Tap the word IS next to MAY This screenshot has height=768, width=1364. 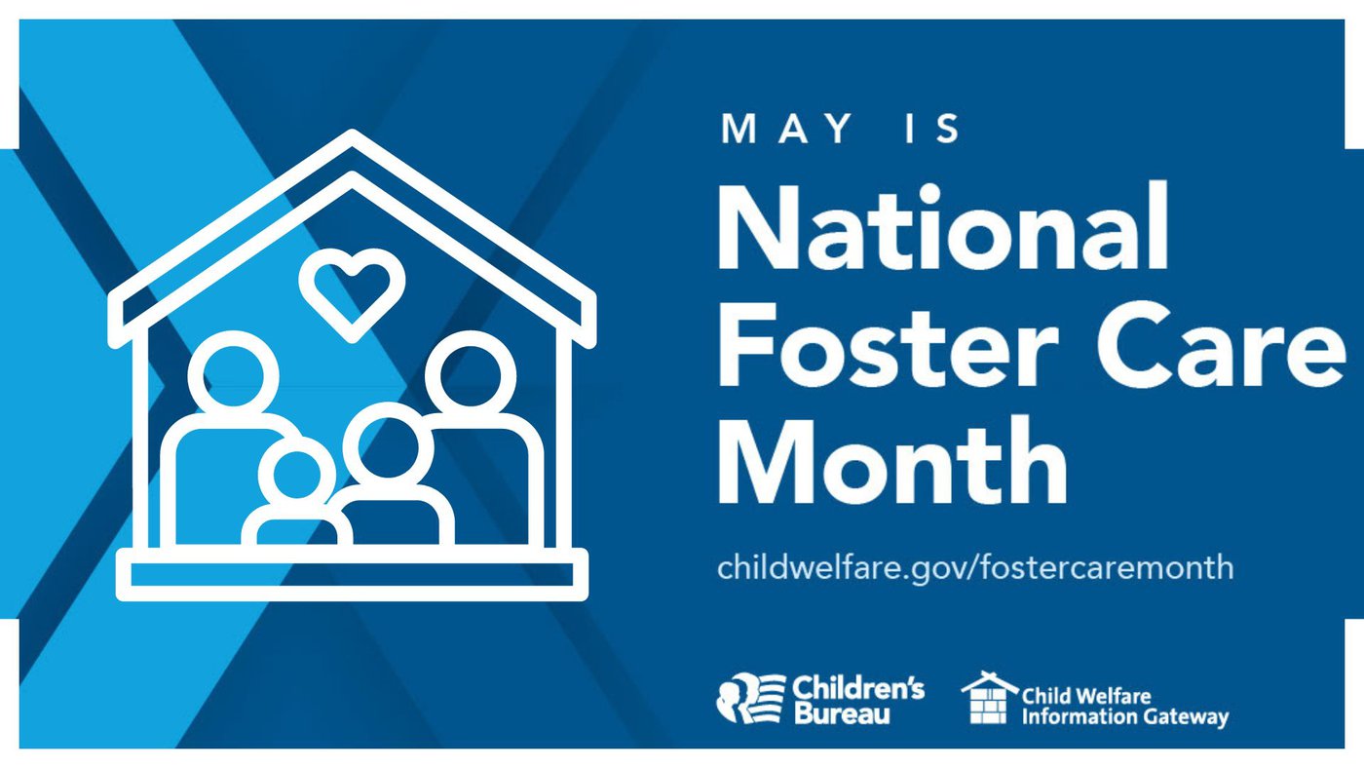(932, 129)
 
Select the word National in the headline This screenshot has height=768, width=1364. (943, 225)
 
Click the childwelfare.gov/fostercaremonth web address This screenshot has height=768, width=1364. (975, 567)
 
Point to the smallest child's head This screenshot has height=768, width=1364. (296, 475)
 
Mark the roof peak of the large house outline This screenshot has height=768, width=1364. (352, 133)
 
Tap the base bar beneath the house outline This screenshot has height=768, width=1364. (352, 574)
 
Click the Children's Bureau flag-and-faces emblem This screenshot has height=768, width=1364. (751, 698)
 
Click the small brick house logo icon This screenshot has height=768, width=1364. (989, 698)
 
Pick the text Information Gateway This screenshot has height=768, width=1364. (1125, 716)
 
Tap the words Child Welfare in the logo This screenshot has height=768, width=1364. (1086, 695)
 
